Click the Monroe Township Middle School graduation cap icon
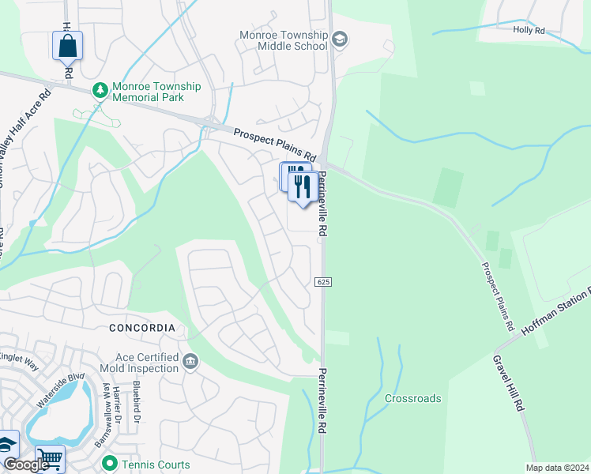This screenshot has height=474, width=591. pos(340,40)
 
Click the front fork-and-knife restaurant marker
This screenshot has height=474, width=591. pos(302,187)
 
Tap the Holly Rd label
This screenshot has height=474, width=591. pos(529,31)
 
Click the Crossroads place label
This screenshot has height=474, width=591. pos(412,398)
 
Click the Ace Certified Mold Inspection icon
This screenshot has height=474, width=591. pos(190,362)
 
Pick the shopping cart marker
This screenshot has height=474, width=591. pos(50,459)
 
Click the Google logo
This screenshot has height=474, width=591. pos(25,465)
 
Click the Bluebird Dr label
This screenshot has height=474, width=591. pos(136,404)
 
